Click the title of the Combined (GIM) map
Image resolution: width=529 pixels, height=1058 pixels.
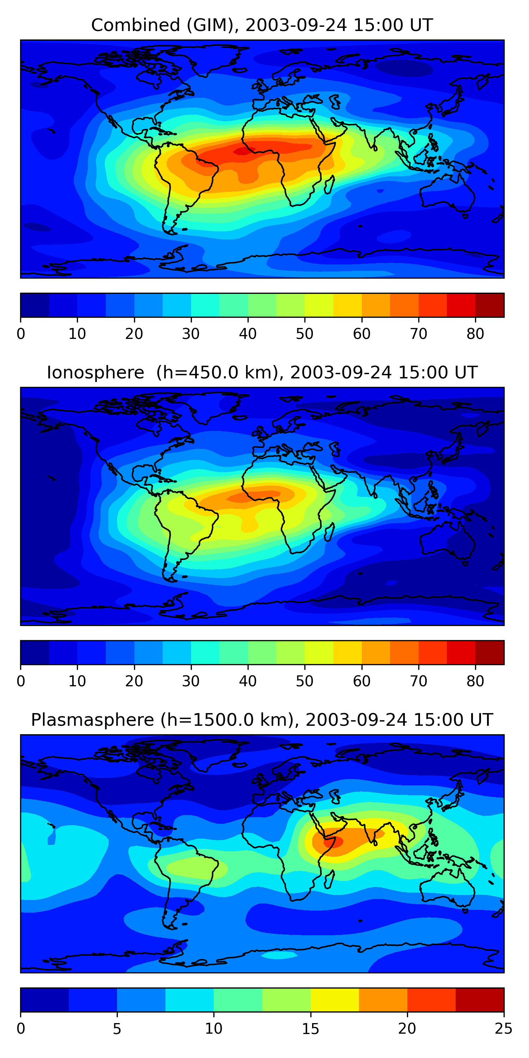click(262, 25)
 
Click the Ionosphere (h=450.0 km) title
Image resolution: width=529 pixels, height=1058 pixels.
click(262, 373)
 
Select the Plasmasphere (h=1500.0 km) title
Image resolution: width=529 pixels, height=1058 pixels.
click(262, 720)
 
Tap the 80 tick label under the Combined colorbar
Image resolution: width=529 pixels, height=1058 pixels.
click(475, 334)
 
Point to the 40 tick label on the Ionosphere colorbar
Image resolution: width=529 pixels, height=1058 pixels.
click(248, 681)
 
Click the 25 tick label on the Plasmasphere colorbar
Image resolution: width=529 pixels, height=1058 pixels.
click(504, 1028)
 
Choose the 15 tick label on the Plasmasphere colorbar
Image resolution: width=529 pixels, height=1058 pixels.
click(310, 1028)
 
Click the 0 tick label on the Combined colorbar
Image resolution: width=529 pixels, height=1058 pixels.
click(21, 334)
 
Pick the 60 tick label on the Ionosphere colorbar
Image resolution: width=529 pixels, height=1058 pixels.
click(361, 681)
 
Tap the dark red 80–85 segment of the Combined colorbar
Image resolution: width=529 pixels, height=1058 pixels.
click(490, 305)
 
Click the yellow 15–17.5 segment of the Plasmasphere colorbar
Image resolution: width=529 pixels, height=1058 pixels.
click(335, 1000)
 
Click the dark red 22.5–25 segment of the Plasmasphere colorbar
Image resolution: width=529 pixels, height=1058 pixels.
click(480, 1000)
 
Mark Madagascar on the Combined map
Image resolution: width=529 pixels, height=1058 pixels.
click(329, 184)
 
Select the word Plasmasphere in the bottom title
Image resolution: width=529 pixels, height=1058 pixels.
click(92, 720)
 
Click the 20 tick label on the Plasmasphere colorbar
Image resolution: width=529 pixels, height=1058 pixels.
click(407, 1028)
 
